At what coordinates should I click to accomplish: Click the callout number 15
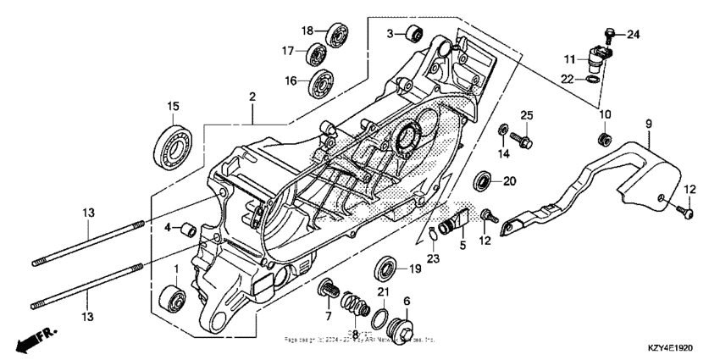pyautogui.click(x=173, y=107)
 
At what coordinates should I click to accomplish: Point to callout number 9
pyautogui.click(x=649, y=124)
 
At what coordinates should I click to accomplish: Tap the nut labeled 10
pyautogui.click(x=605, y=137)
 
